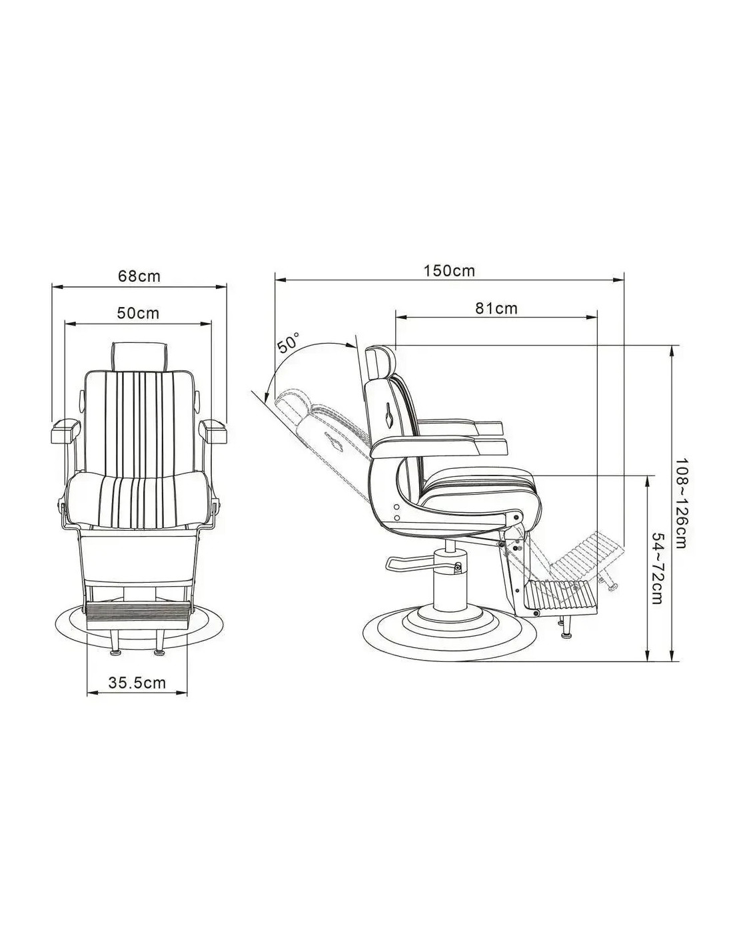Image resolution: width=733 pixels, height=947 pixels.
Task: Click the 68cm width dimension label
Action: point(139,276)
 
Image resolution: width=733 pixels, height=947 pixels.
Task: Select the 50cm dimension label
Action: point(138,312)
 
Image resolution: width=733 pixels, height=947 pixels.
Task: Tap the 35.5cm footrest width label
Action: point(137,683)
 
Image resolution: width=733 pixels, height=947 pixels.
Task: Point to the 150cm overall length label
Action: point(450,270)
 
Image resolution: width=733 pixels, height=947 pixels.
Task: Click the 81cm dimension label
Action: point(496,308)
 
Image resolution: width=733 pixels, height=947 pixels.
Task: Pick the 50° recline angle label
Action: point(289,344)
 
